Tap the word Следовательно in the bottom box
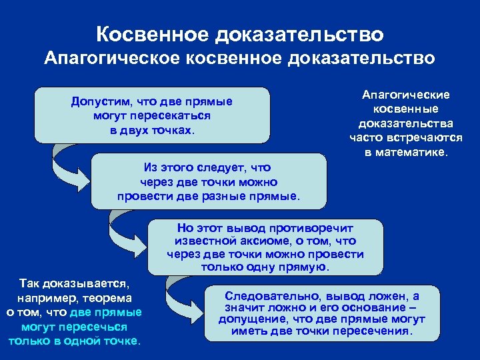(x=269, y=295)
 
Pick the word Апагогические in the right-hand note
(x=405, y=95)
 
